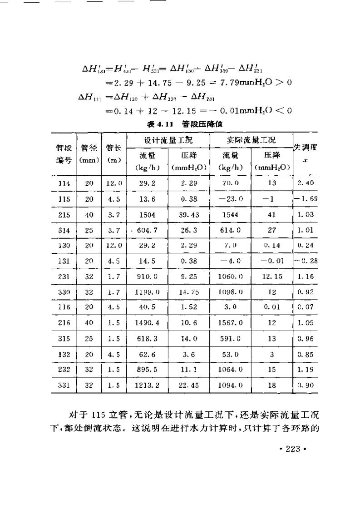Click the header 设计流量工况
(x=168, y=139)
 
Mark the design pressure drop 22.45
(x=188, y=384)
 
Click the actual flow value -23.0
(x=230, y=198)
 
